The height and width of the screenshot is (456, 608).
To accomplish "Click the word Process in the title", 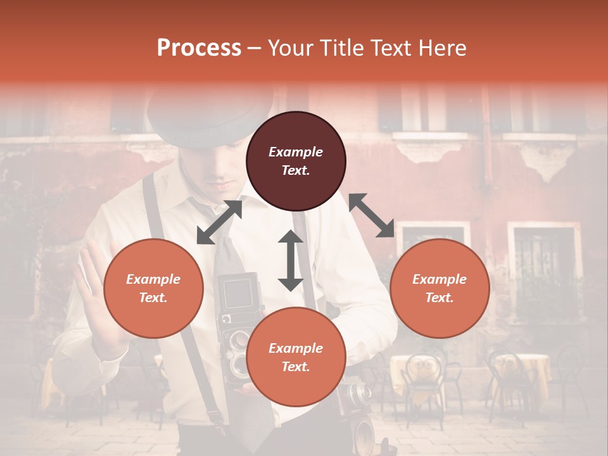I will [x=199, y=48].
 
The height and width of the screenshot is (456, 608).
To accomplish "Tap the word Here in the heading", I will [x=441, y=48].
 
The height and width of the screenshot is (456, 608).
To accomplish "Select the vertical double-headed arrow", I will [x=291, y=260].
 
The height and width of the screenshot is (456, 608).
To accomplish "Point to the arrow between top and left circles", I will [x=219, y=222].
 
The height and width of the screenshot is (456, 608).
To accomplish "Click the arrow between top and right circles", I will [x=371, y=215].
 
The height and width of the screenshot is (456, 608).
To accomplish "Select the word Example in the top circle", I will [x=296, y=152].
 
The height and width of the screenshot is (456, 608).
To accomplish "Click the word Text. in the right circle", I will [x=440, y=298].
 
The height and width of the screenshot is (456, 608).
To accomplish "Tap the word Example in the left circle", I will [x=153, y=279].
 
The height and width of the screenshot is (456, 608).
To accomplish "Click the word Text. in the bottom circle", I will [x=296, y=367].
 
